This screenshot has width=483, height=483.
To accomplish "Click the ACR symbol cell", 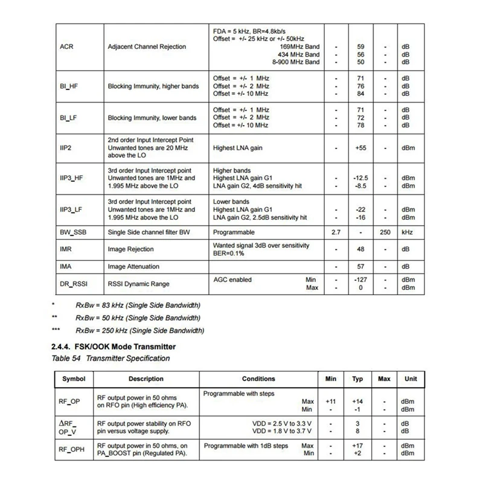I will pyautogui.click(x=67, y=46).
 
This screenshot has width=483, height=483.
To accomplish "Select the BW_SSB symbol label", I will pyautogui.click(x=73, y=232).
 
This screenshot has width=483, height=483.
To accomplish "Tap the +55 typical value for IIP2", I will pyautogui.click(x=360, y=147).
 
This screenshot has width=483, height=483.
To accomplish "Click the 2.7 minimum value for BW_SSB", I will pyautogui.click(x=336, y=232).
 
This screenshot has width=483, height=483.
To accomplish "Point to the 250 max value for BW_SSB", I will pyautogui.click(x=386, y=232).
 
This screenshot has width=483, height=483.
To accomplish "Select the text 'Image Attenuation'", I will pyautogui.click(x=133, y=266).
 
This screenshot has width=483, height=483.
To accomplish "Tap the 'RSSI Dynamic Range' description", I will pyautogui.click(x=138, y=284).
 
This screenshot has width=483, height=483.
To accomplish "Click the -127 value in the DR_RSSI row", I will pyautogui.click(x=360, y=280).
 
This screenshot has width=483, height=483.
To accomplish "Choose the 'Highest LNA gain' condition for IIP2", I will pyautogui.click(x=238, y=147).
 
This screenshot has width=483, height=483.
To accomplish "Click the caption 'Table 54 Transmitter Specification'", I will pyautogui.click(x=111, y=359).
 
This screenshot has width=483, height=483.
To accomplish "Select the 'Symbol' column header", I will pyautogui.click(x=74, y=379).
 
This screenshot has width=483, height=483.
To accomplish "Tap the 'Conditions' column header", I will pyautogui.click(x=258, y=379).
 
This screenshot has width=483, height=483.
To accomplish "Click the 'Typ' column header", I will pyautogui.click(x=357, y=379).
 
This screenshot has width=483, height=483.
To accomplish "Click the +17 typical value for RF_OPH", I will pyautogui.click(x=357, y=446).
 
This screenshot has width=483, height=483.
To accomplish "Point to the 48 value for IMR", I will pyautogui.click(x=360, y=249).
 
